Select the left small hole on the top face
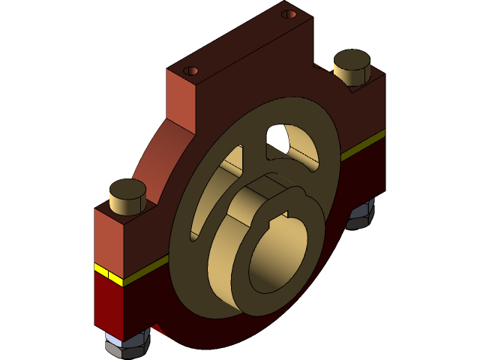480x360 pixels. pos(191,70)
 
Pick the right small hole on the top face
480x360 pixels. pos(289,14)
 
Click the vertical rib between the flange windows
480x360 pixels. pos(254,150)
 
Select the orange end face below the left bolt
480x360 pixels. pos(108,236)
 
